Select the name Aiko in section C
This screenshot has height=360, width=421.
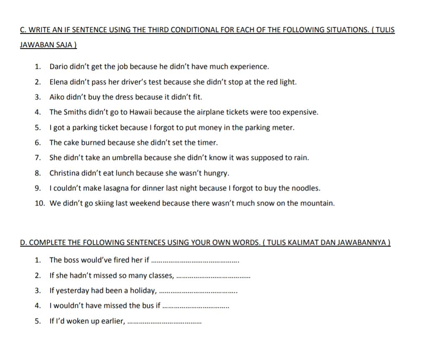[x=57, y=97]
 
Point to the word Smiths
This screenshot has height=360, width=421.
[x=76, y=112]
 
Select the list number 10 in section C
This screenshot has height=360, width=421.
[x=40, y=203]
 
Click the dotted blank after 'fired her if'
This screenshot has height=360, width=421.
[x=195, y=261]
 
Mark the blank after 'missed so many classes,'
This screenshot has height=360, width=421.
[x=213, y=276]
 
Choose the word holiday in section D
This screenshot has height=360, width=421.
[x=141, y=291]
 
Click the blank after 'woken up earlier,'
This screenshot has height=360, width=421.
[x=164, y=322]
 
